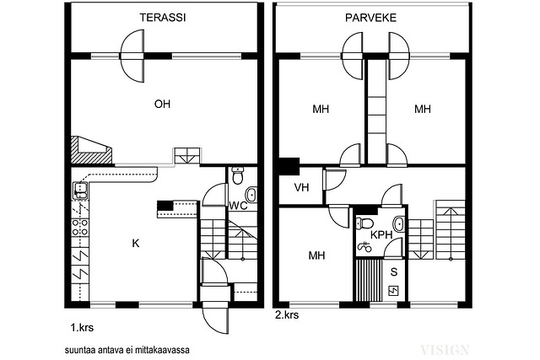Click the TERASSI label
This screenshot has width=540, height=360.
tap(163, 18)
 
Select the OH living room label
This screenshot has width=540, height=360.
tap(162, 105)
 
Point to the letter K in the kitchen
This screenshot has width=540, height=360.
tap(135, 244)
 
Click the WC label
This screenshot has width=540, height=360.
tap(237, 205)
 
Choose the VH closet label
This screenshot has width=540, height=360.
tap(300, 187)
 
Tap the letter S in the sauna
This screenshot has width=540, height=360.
tap(393, 271)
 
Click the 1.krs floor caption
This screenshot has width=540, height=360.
tap(81, 323)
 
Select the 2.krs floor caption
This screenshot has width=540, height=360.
tap(287, 315)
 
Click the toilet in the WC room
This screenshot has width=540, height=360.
tap(238, 177)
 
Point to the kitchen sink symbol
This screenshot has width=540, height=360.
tap(79, 191)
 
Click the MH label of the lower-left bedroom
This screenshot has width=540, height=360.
tap(316, 255)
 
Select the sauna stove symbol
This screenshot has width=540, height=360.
tap(393, 291)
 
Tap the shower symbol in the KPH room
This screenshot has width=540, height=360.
tap(364, 248)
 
